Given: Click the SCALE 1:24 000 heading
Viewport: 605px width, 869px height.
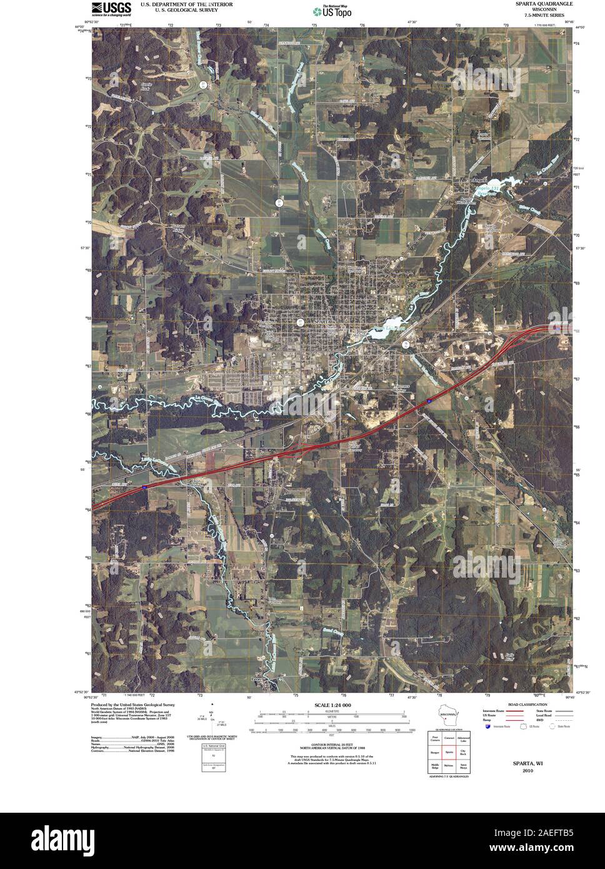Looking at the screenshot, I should tap(332, 705).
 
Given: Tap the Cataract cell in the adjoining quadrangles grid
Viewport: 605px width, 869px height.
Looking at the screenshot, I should tap(449, 738).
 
